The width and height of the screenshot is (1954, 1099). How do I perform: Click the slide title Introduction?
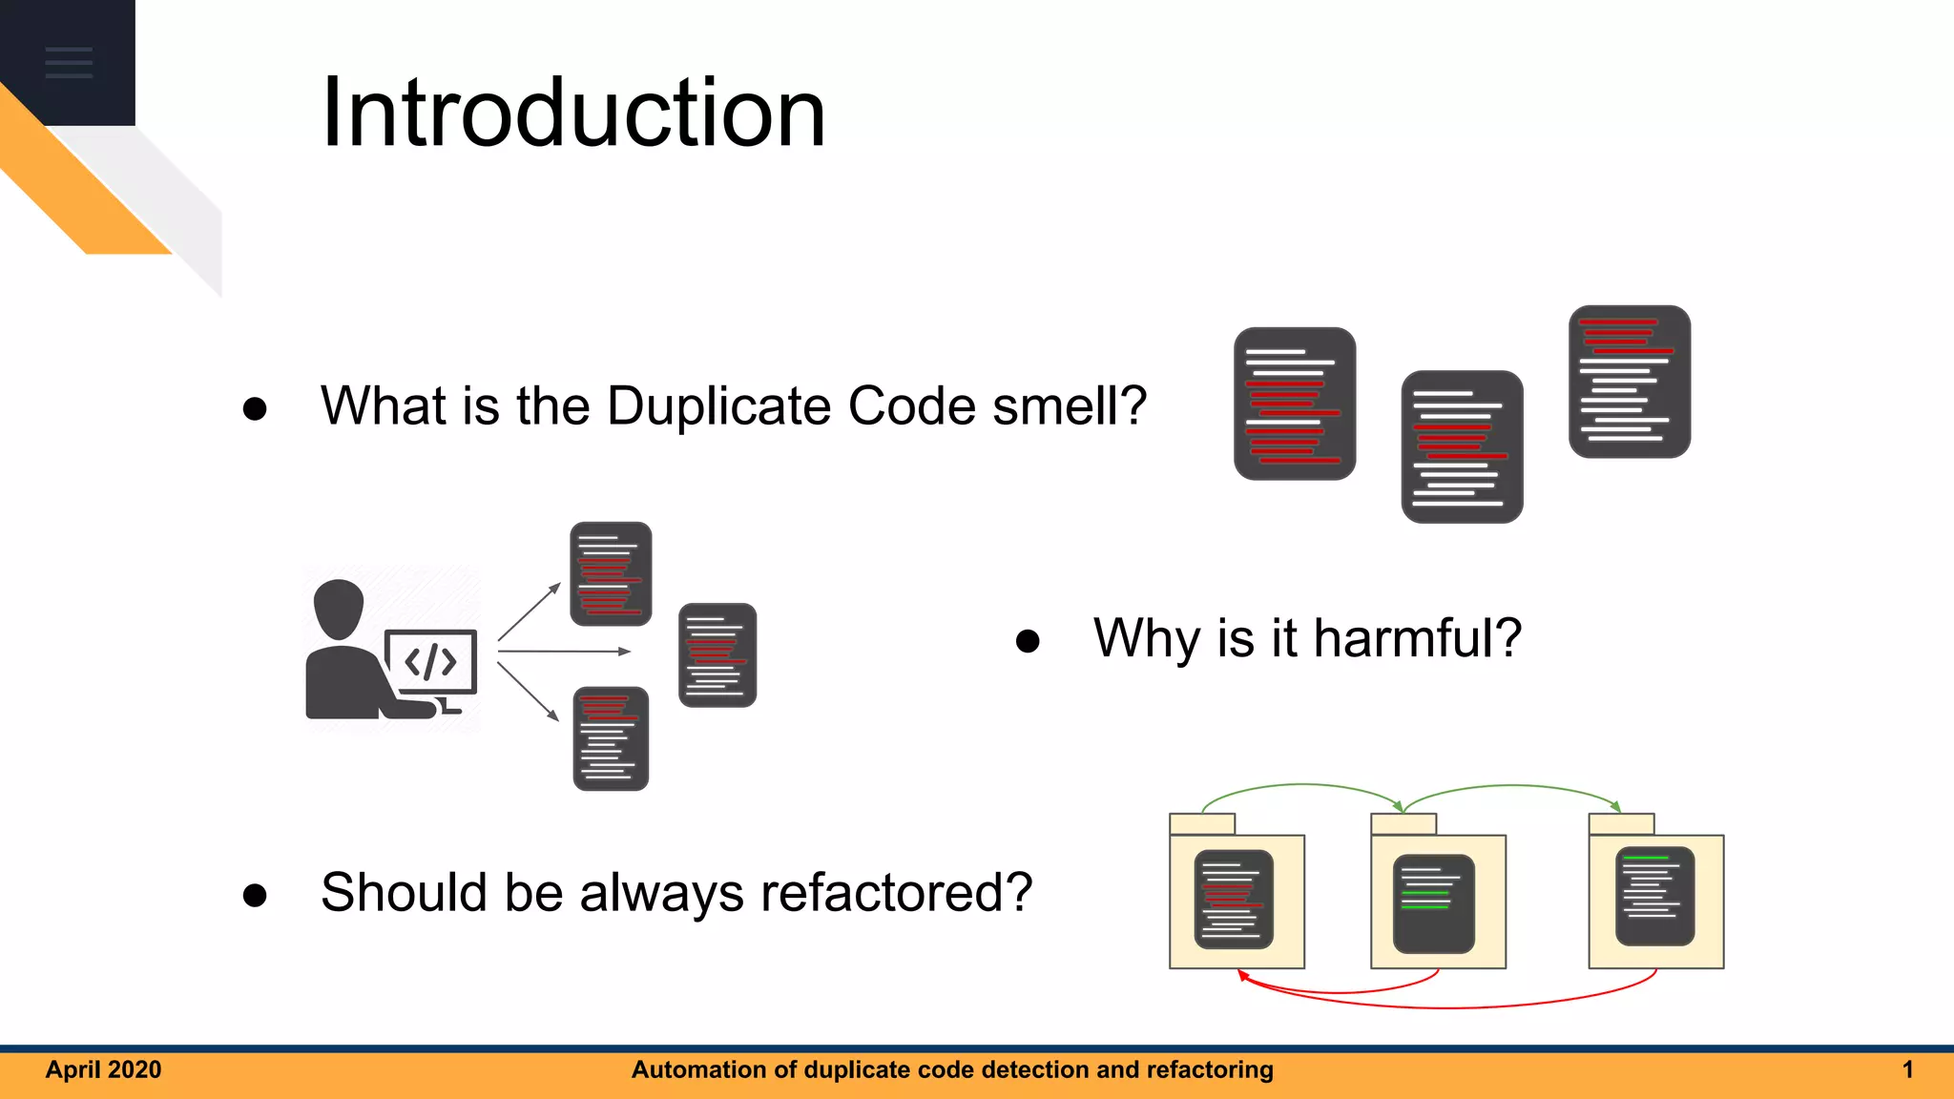[x=572, y=113]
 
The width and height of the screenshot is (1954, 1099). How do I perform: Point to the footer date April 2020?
[x=103, y=1069]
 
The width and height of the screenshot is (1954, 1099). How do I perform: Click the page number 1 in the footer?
[x=1907, y=1069]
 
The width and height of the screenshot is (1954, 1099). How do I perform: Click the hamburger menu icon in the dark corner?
[x=69, y=62]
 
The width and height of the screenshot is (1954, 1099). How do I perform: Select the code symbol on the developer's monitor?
[x=430, y=661]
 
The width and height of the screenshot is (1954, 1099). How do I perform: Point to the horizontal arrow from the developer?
[x=563, y=652]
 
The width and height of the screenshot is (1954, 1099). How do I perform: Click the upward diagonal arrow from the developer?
[x=529, y=612]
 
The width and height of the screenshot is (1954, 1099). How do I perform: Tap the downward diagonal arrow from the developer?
[x=528, y=692]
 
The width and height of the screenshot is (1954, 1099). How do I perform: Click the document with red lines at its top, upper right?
[x=1629, y=382]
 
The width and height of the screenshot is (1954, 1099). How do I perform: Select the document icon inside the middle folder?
[x=1433, y=902]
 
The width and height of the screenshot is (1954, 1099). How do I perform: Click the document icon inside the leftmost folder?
[x=1233, y=899]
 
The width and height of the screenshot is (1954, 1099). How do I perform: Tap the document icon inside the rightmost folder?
[x=1654, y=896]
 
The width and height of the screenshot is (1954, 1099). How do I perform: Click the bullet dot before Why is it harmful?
[x=1028, y=640]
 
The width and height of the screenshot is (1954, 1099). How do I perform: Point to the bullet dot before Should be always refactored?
[x=255, y=895]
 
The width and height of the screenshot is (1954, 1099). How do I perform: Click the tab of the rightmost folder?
[x=1620, y=824]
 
